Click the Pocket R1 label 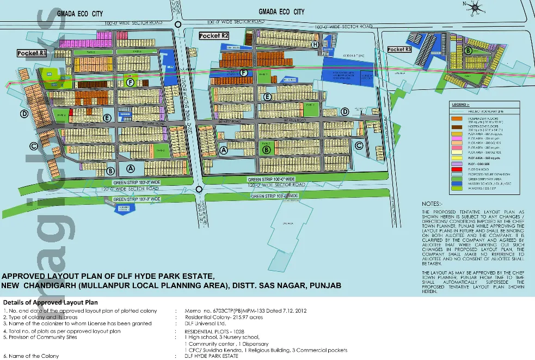click(31, 53)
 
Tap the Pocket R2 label click(213, 36)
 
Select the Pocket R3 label click(399, 50)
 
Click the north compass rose click(475, 7)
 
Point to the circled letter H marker click(315, 44)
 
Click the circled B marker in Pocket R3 click(468, 51)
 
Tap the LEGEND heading click(460, 105)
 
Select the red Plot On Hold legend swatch click(456, 169)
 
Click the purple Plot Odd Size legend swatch click(456, 163)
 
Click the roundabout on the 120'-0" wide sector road click(199, 189)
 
